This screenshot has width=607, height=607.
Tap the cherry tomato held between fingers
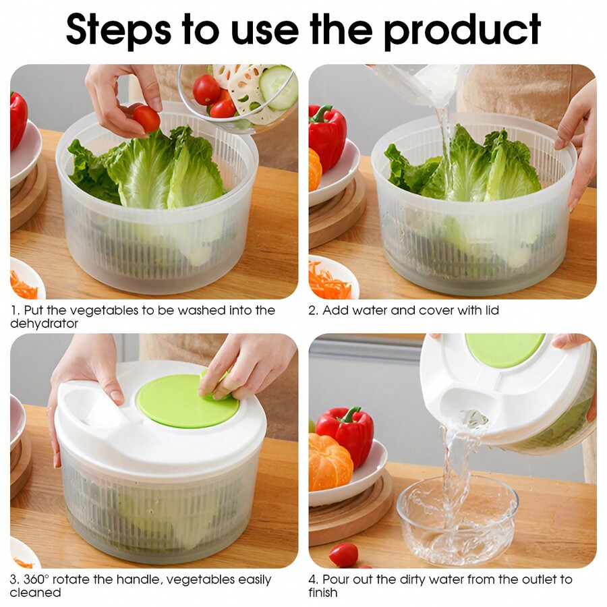(x=146, y=119)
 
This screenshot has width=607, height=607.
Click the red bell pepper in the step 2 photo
(x=327, y=135)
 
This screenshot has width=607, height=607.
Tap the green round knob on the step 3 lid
(x=187, y=401)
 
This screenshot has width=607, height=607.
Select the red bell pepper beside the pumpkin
(x=345, y=432)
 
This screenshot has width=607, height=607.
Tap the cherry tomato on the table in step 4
(x=344, y=554)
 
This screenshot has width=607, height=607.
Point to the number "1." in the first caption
(x=15, y=311)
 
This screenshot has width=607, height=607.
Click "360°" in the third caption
(x=38, y=579)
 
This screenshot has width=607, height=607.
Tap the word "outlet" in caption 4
(x=533, y=579)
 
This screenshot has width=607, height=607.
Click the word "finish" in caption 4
(x=323, y=593)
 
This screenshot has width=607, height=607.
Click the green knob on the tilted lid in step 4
(x=504, y=349)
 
